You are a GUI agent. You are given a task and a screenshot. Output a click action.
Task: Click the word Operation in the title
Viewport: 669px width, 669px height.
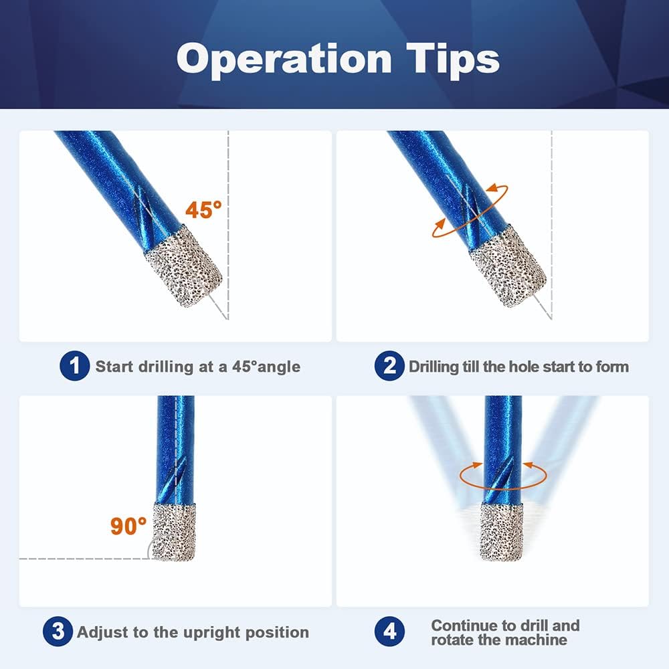(x=284, y=60)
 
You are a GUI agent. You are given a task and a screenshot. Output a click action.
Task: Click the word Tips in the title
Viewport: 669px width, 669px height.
(x=453, y=60)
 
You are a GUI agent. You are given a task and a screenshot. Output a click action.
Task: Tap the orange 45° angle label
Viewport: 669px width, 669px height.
(x=203, y=210)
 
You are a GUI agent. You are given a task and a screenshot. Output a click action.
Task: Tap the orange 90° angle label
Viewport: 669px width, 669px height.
(x=128, y=526)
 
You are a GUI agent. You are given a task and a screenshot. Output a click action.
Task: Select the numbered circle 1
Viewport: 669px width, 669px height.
(x=75, y=366)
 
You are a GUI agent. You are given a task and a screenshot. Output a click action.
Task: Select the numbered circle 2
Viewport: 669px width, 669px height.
(x=389, y=366)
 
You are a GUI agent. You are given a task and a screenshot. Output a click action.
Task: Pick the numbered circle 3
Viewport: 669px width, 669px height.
(x=58, y=632)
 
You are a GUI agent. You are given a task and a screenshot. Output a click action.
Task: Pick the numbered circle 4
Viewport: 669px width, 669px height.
(x=389, y=632)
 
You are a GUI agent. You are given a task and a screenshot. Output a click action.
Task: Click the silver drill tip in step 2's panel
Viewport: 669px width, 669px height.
(x=508, y=266)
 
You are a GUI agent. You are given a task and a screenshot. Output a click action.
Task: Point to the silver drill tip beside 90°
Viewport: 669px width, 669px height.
(x=174, y=532)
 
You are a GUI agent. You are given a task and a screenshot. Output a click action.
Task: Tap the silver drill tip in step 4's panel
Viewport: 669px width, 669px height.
(x=502, y=532)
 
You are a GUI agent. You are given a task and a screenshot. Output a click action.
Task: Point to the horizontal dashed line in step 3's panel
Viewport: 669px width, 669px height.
(x=86, y=559)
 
